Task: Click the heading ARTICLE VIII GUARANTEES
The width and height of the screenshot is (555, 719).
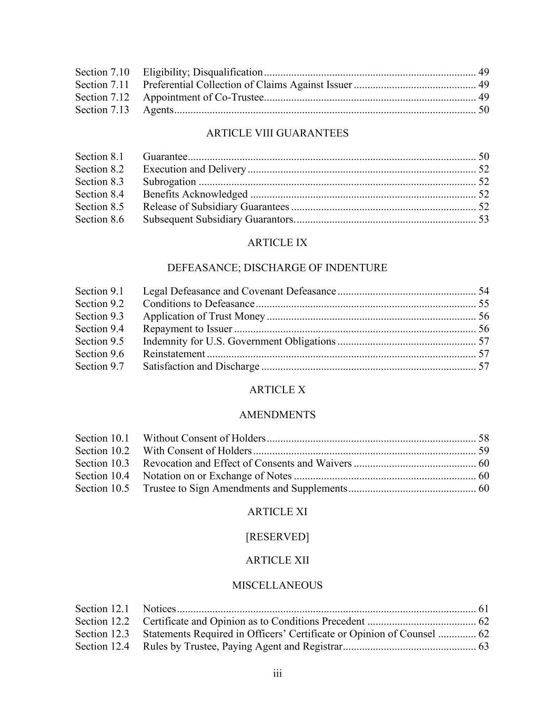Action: [x=277, y=133]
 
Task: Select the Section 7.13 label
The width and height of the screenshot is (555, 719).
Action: [x=102, y=110]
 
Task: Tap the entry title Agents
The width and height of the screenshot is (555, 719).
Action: [x=158, y=110]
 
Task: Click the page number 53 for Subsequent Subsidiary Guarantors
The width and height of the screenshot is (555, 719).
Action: [x=483, y=219]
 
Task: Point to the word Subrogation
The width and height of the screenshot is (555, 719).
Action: [x=169, y=182]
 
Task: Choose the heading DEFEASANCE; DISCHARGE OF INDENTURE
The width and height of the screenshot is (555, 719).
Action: [x=277, y=268]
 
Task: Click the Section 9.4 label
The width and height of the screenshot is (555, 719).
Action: [x=99, y=329]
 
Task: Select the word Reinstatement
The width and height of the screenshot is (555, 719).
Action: [x=174, y=354]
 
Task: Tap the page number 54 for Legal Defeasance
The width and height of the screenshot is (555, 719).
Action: [x=483, y=291]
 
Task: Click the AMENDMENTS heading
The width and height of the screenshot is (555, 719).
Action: [x=277, y=415]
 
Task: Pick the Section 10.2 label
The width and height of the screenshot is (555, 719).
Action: [x=102, y=451]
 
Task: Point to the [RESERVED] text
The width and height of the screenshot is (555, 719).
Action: [x=277, y=537]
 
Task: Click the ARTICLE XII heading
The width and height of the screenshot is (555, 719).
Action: [x=277, y=560]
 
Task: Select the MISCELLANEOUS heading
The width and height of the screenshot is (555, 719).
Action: [x=277, y=585]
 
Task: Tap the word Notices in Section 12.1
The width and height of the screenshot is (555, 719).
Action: [x=159, y=609]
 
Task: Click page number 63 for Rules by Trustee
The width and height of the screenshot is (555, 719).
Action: [x=483, y=646]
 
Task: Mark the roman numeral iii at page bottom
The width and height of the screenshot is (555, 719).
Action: [x=277, y=674]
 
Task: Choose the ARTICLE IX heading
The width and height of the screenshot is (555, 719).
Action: [x=277, y=243]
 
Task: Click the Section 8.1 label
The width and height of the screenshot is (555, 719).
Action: [x=99, y=156]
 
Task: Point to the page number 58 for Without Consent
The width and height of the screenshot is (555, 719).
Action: [x=483, y=438]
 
